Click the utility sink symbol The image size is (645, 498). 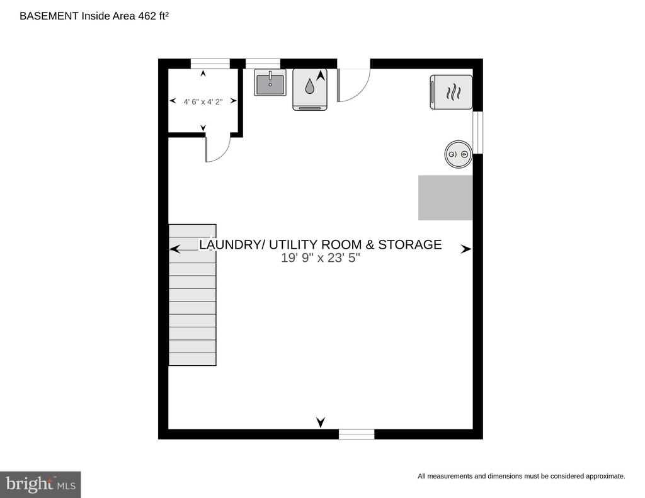(270, 82)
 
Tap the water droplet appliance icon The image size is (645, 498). (310, 89)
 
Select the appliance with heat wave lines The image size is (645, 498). (451, 92)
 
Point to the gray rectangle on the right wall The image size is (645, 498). (445, 198)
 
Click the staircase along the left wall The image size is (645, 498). (193, 295)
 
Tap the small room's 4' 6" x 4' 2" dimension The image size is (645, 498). (203, 101)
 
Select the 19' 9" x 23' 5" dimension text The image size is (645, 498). (321, 258)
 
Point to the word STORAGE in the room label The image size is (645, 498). (409, 245)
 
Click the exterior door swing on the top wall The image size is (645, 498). (354, 85)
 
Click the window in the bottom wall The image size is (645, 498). (357, 434)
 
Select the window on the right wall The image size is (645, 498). (477, 132)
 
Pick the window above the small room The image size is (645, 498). (210, 64)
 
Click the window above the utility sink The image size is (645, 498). (263, 64)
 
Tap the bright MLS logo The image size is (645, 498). (40, 484)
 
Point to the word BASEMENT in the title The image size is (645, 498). (49, 16)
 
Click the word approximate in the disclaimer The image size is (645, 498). (605, 476)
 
